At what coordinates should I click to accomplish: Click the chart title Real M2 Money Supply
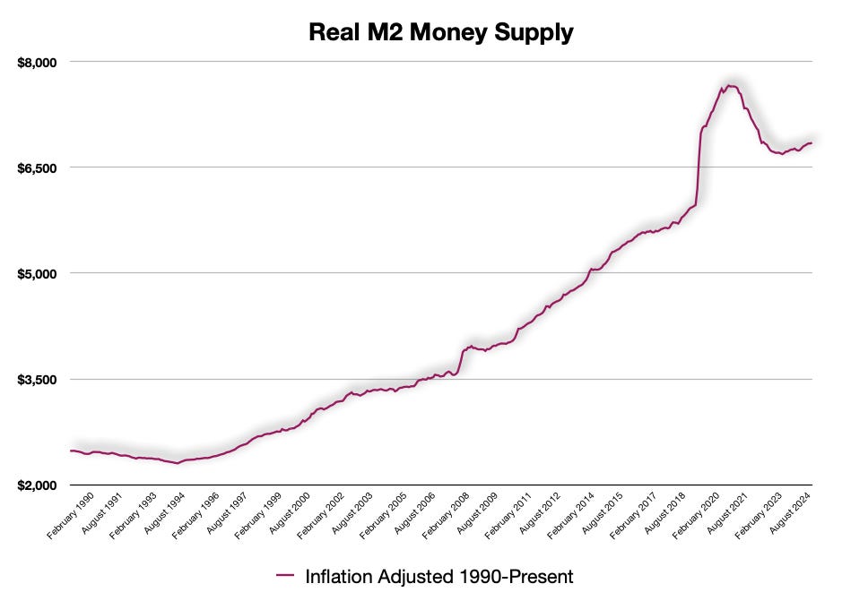(x=440, y=32)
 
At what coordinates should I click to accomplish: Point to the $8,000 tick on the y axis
(x=38, y=62)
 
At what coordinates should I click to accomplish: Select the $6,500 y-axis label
(x=38, y=167)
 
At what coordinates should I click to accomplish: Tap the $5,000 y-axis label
(x=38, y=273)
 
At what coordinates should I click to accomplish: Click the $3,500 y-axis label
(x=38, y=379)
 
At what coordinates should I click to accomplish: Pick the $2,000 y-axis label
(x=38, y=485)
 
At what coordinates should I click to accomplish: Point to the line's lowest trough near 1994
(x=177, y=463)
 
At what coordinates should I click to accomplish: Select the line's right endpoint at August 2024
(x=812, y=143)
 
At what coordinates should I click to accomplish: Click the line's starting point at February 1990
(x=71, y=451)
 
